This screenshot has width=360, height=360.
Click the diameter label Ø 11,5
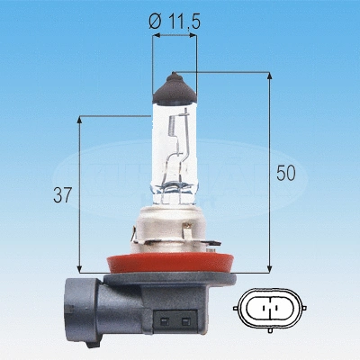pyautogui.click(x=175, y=19)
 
